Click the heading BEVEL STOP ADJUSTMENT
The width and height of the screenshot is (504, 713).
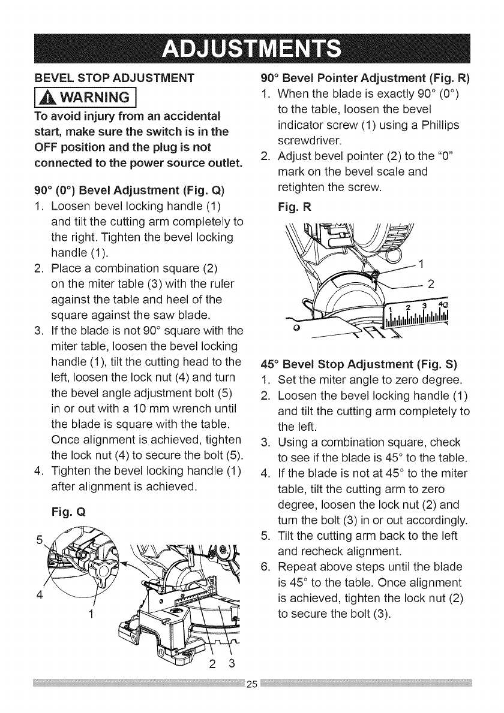click(113, 77)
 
